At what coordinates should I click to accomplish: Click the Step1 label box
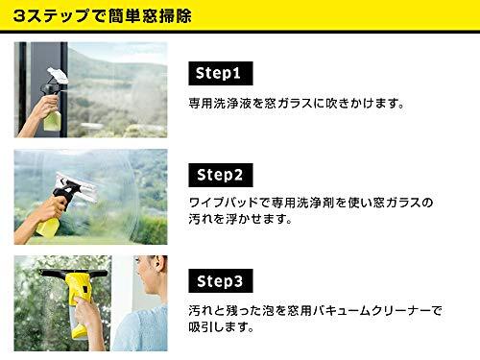pos(221,73)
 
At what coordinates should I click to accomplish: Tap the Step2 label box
pos(221,175)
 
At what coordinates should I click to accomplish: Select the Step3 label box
pos(221,281)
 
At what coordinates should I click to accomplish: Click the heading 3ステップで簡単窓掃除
pos(103,15)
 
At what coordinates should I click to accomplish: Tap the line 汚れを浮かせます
pos(240,219)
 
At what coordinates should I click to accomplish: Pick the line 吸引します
pos(221,327)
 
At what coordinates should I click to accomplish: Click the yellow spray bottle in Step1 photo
pos(52,120)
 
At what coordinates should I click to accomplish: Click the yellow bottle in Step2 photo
pos(48,228)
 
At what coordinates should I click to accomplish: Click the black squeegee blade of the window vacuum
pos(73,273)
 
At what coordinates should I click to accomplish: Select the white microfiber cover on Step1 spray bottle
pos(58,76)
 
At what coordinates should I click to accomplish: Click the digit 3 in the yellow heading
pos(19,16)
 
